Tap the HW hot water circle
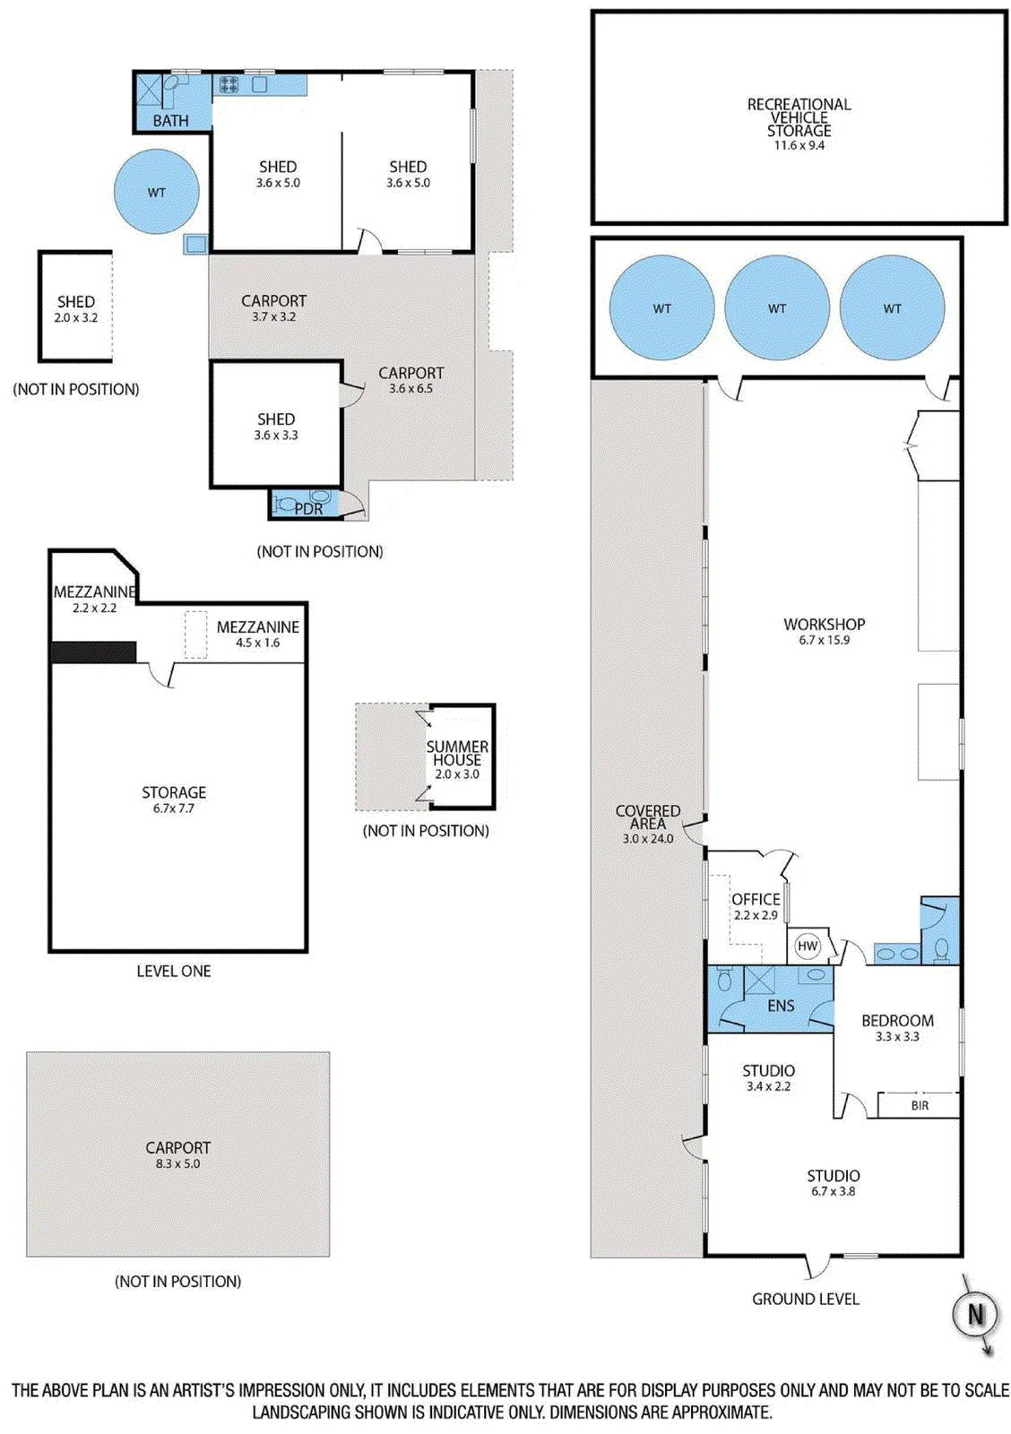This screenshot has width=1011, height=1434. (808, 946)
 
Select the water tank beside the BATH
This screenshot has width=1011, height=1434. (156, 192)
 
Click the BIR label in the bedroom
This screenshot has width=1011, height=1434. (920, 1105)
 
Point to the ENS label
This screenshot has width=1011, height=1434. (781, 1005)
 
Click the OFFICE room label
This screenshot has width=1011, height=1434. (756, 900)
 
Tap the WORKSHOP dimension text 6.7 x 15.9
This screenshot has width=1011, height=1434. (824, 640)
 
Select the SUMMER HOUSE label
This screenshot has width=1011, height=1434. (457, 753)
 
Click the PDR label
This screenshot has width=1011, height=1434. (308, 509)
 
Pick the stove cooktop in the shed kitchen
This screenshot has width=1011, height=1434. (229, 84)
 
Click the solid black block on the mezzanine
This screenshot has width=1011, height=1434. (93, 652)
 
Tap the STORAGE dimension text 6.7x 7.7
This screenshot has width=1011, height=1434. (174, 808)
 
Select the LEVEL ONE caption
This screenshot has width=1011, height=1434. (174, 971)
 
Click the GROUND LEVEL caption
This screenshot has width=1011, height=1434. (806, 1299)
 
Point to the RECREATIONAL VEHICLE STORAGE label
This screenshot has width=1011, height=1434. (799, 117)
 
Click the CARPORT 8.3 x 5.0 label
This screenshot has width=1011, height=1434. (178, 1154)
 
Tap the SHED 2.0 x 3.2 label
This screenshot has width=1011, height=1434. (75, 308)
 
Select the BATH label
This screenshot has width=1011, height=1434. (171, 120)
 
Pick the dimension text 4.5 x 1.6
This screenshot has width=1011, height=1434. (257, 643)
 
